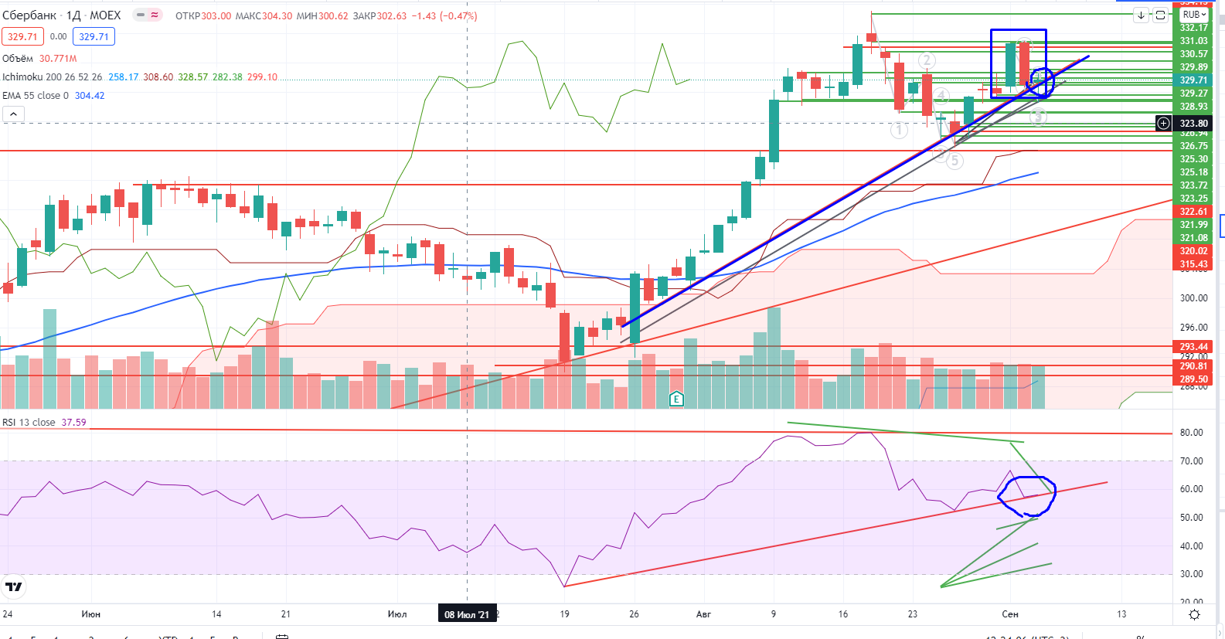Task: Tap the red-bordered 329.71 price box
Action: (22, 36)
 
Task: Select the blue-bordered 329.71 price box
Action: (94, 36)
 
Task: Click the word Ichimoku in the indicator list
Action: (22, 77)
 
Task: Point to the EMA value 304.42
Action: (90, 96)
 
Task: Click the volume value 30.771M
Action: (58, 59)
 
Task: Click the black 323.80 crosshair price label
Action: (1193, 124)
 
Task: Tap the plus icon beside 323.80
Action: (1163, 124)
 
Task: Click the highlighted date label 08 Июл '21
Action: (467, 614)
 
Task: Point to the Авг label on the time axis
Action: (703, 614)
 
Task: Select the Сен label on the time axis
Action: (1010, 614)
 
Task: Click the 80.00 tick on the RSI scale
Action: (1191, 433)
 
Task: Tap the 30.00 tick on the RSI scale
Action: (1191, 574)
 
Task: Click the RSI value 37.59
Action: (73, 423)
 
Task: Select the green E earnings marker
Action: (676, 399)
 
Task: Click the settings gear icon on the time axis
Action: (1194, 614)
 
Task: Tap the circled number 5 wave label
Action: (955, 161)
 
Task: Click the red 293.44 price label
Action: (1193, 347)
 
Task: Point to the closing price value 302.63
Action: (391, 15)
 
